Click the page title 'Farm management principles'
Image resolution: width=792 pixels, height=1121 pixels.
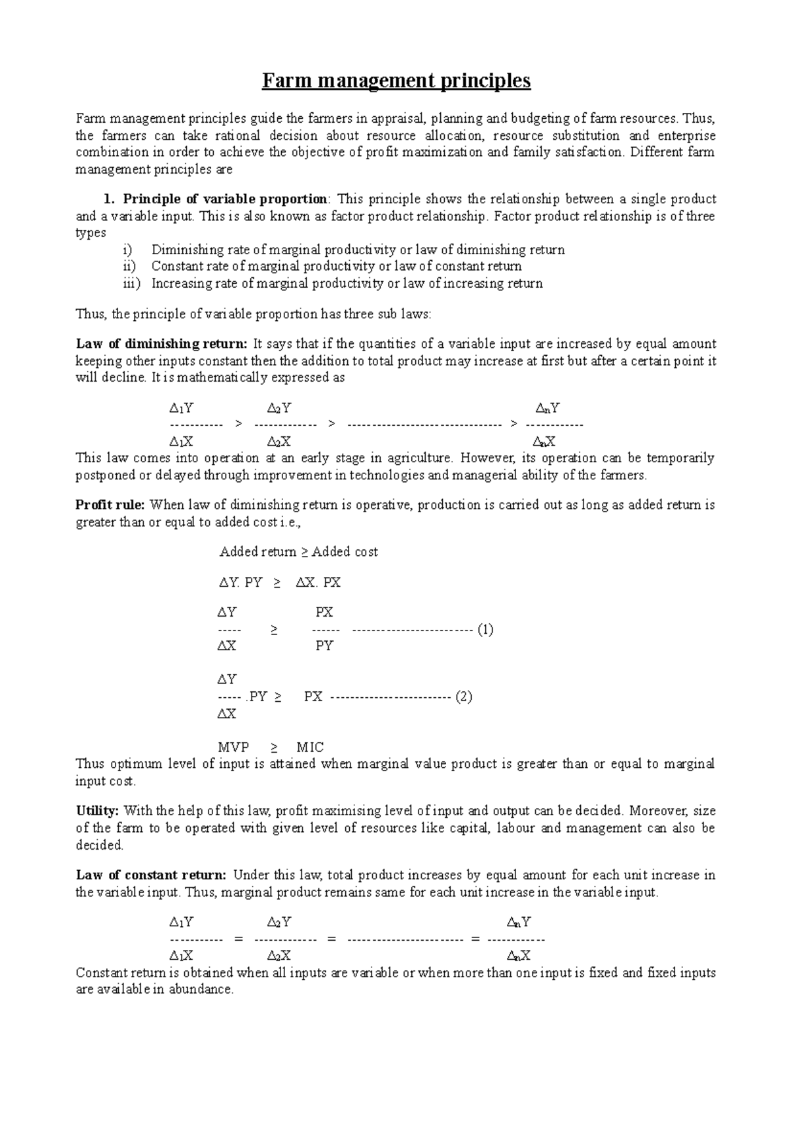click(396, 81)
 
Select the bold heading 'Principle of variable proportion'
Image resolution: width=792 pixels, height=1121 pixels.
click(224, 199)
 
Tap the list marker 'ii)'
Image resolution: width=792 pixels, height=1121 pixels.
click(128, 266)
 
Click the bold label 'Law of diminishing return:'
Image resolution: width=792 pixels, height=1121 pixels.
click(162, 343)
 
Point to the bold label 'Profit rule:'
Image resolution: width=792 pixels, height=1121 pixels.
click(110, 505)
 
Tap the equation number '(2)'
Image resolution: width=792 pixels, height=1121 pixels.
click(464, 696)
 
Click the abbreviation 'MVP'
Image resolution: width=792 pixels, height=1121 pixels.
click(234, 747)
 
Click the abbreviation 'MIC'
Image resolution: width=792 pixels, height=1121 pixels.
click(310, 747)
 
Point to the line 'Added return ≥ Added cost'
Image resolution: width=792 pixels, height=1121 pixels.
click(298, 552)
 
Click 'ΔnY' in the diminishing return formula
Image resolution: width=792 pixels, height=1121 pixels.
click(548, 408)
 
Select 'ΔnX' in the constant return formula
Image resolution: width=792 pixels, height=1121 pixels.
click(519, 955)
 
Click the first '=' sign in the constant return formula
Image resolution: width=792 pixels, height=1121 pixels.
click(239, 939)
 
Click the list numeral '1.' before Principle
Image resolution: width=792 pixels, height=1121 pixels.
click(109, 199)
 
